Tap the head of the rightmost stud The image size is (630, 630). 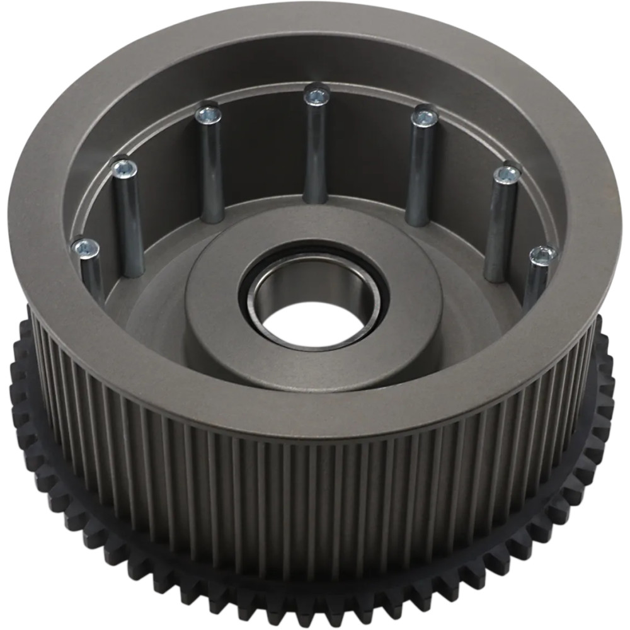(542, 255)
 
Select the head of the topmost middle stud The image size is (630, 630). (316, 96)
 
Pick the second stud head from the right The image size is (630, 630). (508, 176)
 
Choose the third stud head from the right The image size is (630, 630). (425, 117)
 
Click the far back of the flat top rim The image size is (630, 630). (315, 38)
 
